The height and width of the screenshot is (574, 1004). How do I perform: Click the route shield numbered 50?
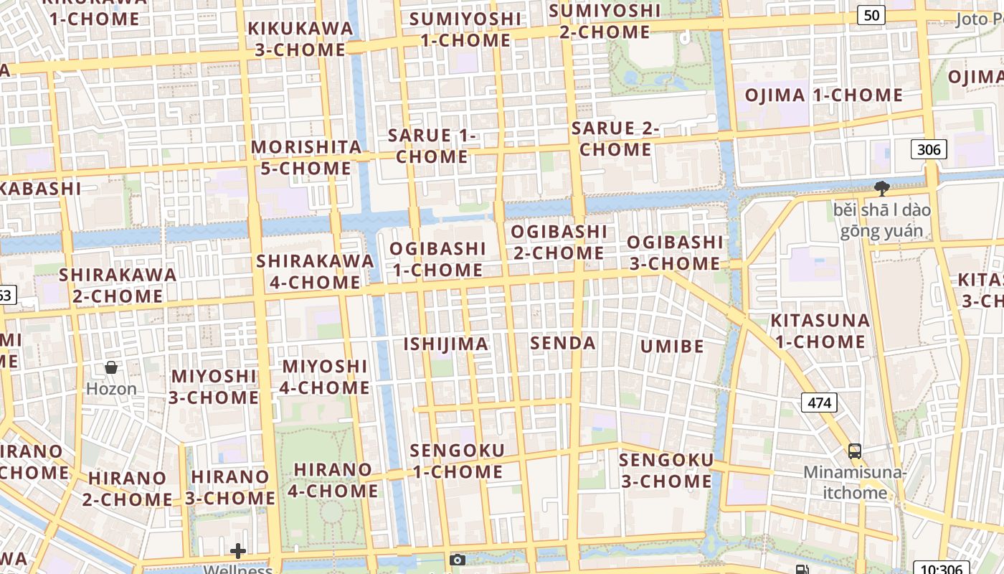(x=871, y=14)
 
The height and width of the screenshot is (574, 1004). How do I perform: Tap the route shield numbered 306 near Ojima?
(x=929, y=149)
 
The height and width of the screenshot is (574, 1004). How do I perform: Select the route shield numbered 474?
(x=819, y=403)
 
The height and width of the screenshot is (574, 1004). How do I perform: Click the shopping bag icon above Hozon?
(x=111, y=367)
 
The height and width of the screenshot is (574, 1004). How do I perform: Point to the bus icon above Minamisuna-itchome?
(x=854, y=451)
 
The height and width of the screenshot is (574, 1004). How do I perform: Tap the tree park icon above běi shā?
(x=881, y=189)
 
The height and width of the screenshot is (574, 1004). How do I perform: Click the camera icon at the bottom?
(x=458, y=560)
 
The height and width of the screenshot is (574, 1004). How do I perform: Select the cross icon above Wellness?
(x=238, y=551)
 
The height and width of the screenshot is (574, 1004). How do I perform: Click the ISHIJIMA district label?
(x=445, y=344)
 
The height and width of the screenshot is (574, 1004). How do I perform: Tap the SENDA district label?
(x=563, y=343)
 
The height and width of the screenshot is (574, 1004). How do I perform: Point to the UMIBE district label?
(x=672, y=347)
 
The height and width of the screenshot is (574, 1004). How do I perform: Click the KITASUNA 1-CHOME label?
(x=820, y=331)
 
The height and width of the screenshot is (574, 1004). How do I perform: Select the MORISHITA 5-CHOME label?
(x=306, y=158)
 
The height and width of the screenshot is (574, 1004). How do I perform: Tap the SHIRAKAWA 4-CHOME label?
(x=315, y=271)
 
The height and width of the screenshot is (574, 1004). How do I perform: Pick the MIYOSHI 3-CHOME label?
(x=214, y=387)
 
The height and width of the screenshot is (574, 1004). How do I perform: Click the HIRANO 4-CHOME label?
(x=333, y=481)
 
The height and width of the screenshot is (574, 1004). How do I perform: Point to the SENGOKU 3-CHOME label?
(x=666, y=471)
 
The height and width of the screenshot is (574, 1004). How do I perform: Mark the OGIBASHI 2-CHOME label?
(x=559, y=243)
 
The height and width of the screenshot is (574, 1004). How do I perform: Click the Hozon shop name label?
(x=111, y=389)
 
